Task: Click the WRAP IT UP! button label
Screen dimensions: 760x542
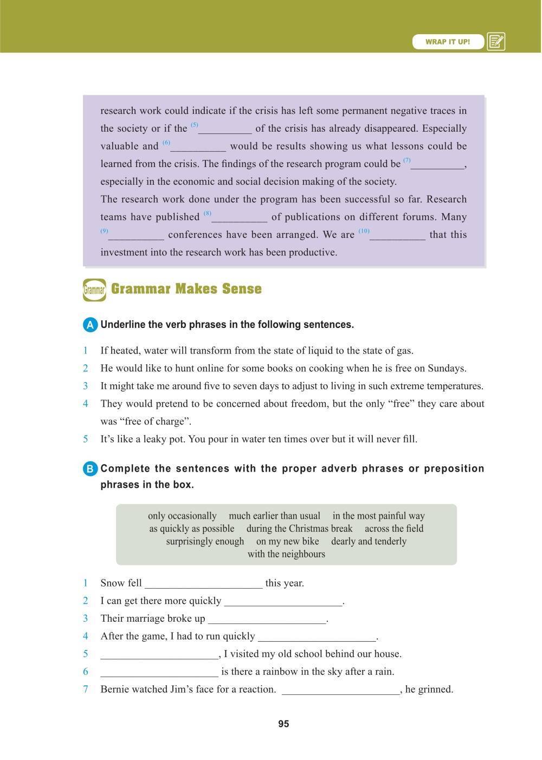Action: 448,42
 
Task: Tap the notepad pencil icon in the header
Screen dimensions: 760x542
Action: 496,42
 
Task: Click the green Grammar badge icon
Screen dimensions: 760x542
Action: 94,290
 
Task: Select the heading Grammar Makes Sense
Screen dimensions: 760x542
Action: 186,289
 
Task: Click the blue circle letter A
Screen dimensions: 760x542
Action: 90,325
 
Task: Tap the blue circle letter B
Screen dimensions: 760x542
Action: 90,469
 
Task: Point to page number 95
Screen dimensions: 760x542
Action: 283,724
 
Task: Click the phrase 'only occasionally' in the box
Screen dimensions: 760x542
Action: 182,516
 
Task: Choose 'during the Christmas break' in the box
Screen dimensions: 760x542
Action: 299,529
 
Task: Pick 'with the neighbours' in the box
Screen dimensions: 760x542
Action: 286,554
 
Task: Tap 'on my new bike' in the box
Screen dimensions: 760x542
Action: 287,542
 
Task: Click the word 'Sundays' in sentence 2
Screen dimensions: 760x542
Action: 446,369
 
